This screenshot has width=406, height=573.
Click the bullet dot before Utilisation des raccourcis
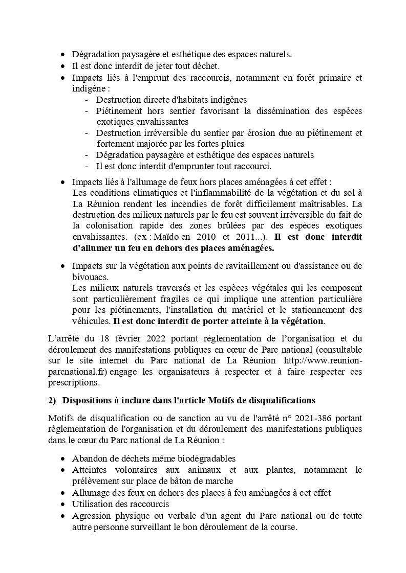pos(62,505)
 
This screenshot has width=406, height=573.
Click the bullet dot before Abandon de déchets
pos(62,459)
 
